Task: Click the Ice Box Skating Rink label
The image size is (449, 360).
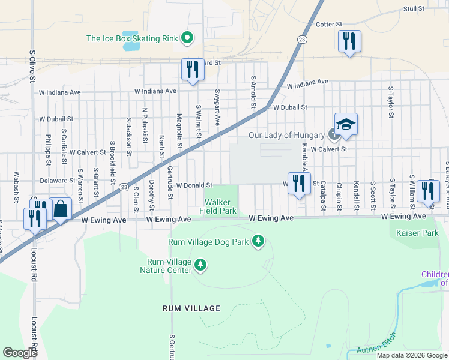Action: click(132, 38)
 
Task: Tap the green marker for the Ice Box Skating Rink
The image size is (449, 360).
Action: click(187, 38)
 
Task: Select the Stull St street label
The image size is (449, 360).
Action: click(414, 9)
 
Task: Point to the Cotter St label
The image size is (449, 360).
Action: click(328, 25)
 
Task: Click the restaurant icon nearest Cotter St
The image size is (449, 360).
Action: click(349, 42)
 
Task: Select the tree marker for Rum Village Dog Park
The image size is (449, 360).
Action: click(258, 241)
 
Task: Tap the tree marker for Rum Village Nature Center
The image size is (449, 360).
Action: click(200, 265)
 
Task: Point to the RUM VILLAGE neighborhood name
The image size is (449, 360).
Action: click(191, 308)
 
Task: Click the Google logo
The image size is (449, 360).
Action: click(20, 352)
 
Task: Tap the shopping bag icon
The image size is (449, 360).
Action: click(61, 210)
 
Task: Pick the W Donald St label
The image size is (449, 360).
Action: click(194, 185)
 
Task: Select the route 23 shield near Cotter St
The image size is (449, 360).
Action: click(301, 39)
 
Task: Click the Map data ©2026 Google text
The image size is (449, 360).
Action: click(411, 355)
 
